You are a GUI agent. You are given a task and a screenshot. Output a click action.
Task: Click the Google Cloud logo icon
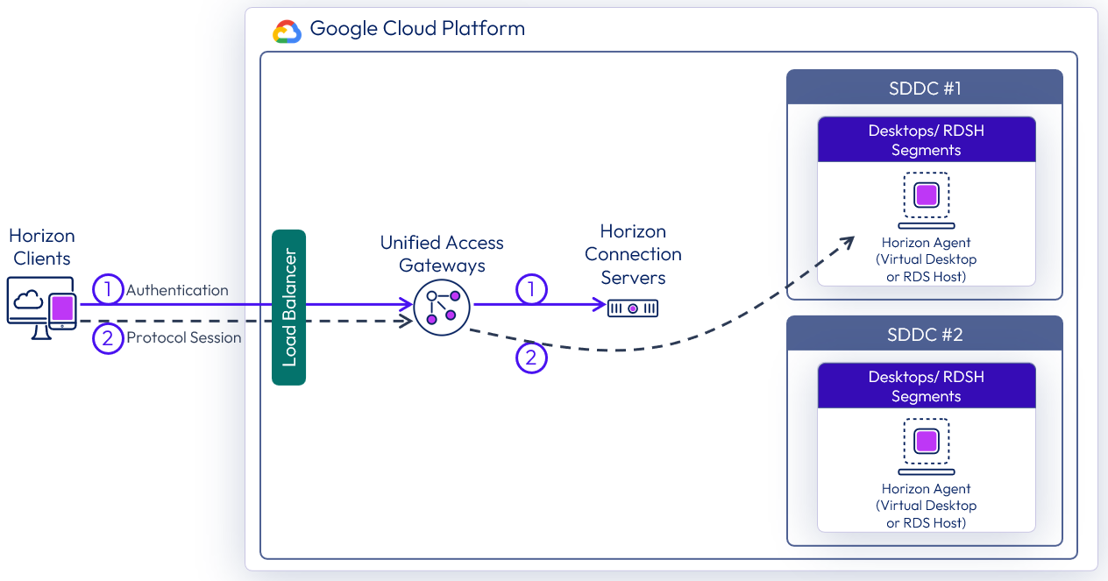tap(287, 31)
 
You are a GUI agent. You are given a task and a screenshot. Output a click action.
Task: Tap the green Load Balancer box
tap(289, 307)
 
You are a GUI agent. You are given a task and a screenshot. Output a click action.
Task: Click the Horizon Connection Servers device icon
tap(632, 308)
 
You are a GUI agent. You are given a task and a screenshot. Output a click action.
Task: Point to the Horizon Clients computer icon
tap(41, 308)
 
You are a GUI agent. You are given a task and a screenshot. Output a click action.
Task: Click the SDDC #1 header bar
tap(924, 89)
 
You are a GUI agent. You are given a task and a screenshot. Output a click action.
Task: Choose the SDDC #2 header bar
tap(924, 335)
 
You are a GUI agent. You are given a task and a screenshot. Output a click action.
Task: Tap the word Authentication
tap(177, 290)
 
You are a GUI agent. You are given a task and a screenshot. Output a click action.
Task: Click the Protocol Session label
tap(183, 337)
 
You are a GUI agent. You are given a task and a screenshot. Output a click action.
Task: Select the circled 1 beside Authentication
tap(108, 290)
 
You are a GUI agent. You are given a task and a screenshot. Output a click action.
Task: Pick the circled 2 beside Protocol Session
tap(108, 337)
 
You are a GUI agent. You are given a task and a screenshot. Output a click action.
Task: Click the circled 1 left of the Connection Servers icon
tap(531, 289)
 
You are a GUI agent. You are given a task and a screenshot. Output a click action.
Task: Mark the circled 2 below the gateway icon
tap(531, 358)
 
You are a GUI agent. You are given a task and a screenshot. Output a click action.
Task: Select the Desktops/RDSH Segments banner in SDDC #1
tap(926, 140)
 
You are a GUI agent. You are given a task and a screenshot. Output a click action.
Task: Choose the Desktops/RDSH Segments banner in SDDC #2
tap(926, 386)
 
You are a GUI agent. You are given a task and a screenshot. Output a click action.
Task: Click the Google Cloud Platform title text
tap(417, 28)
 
